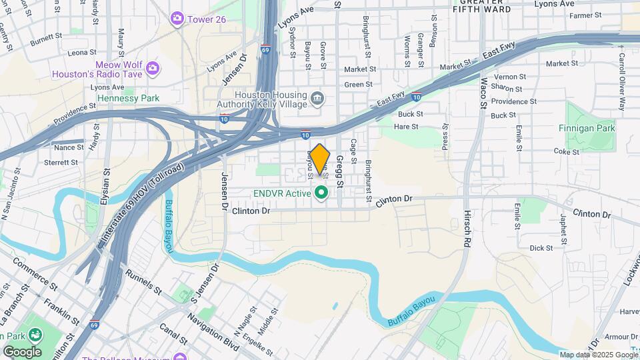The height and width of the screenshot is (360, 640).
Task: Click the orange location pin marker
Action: pos(320,159)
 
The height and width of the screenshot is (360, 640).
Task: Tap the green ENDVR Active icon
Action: pos(321,194)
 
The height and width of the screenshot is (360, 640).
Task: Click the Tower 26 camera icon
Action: pos(177,19)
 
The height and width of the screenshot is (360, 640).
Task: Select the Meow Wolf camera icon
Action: pos(153,68)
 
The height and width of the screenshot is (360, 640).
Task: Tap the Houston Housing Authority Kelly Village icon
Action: pos(317,99)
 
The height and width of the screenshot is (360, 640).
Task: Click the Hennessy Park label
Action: pos(128,98)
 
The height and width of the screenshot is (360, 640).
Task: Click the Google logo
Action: pos(22,352)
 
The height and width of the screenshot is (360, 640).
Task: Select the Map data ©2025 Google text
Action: pos(598,355)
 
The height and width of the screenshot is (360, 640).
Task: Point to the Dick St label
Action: pos(541,248)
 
